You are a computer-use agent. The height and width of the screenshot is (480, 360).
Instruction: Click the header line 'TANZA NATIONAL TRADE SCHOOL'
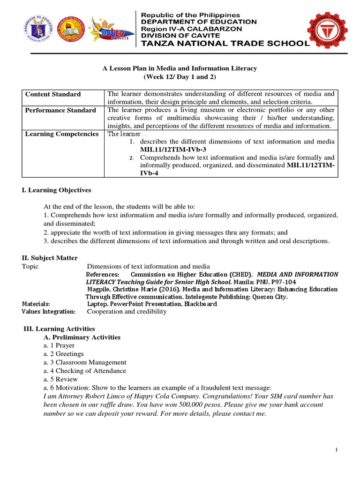point(222,44)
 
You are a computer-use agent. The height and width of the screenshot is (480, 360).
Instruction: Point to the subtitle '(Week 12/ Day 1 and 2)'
point(180,77)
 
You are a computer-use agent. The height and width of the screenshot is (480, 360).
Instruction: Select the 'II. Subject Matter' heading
point(50,258)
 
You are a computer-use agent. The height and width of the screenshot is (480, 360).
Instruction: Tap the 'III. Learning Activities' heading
point(60,329)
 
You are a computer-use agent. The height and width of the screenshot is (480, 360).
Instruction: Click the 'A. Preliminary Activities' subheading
point(82,337)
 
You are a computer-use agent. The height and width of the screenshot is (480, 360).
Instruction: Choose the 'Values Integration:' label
point(49,312)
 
